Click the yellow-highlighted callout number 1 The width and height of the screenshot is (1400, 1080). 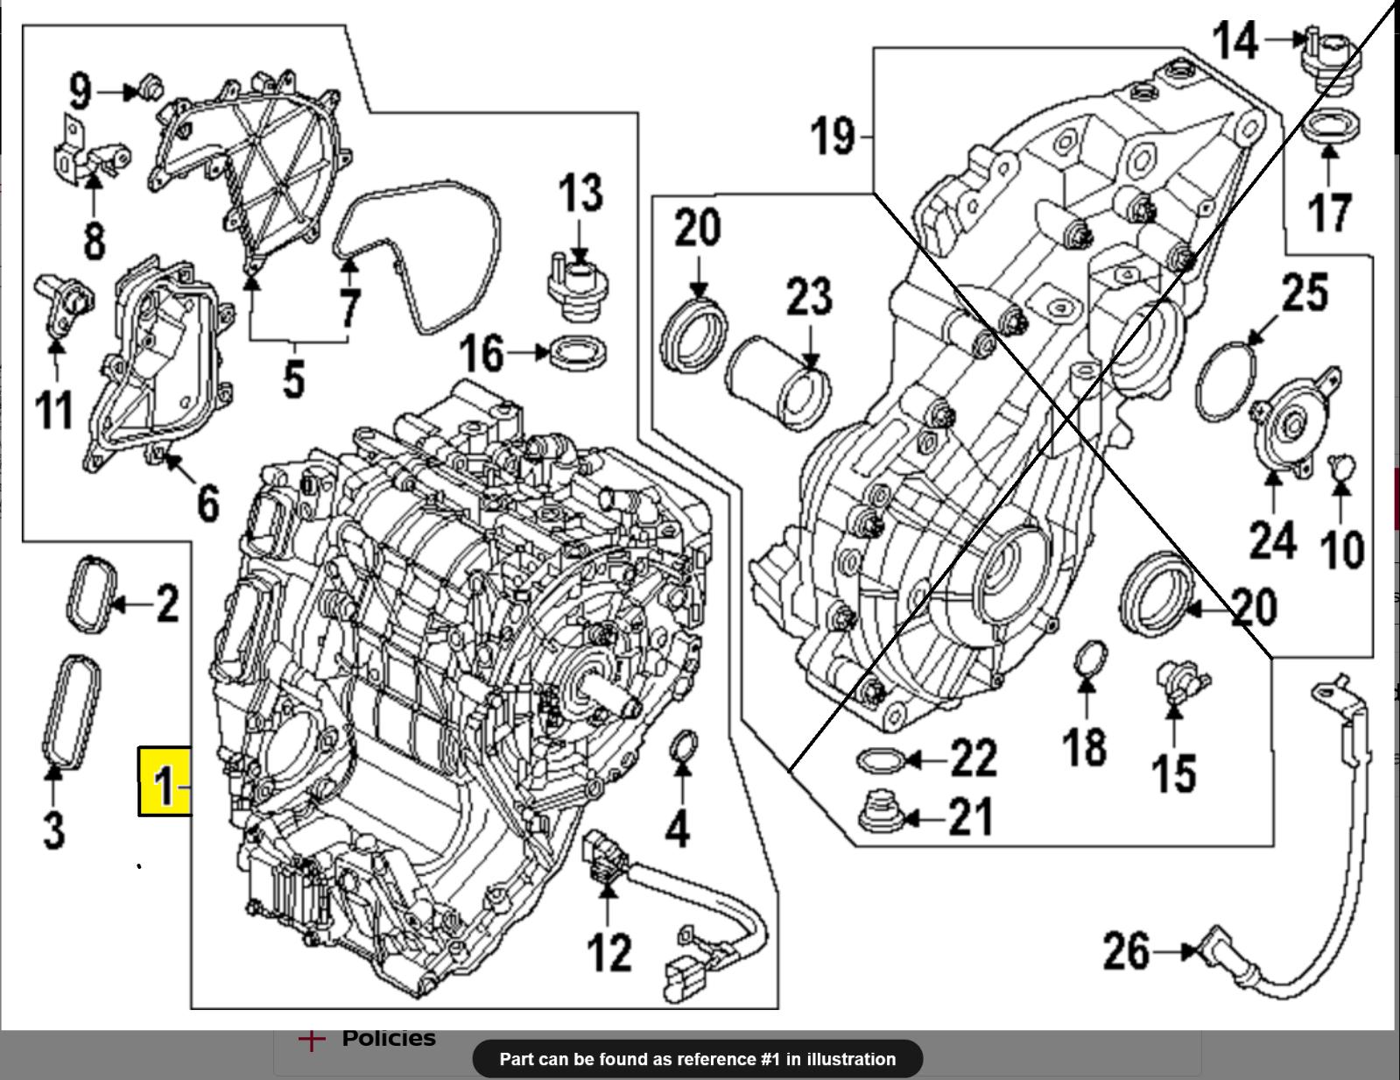pos(165,783)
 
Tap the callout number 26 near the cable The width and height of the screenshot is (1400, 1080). pos(1126,950)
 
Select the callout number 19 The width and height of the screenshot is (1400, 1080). pos(833,136)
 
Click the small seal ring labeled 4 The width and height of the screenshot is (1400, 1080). pos(684,747)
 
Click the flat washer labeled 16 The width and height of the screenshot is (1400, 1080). pos(579,354)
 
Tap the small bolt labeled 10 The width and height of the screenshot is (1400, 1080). pos(1340,467)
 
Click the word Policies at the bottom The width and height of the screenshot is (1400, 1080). pos(389,1038)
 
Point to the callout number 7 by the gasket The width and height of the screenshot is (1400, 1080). pos(350,307)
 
